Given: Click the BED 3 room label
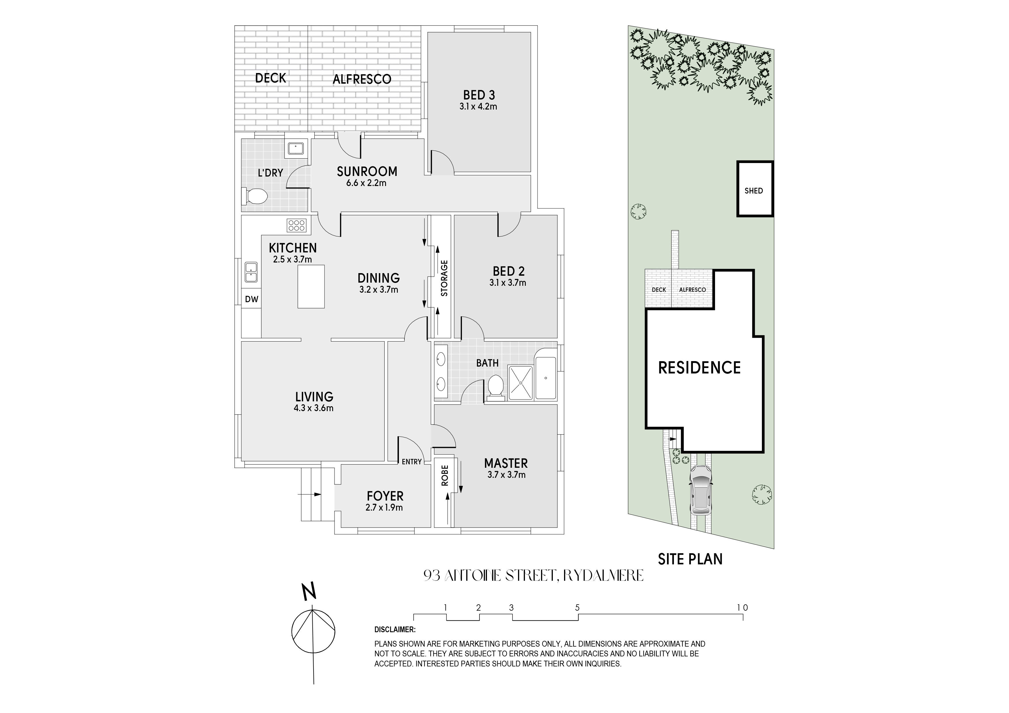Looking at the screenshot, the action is (479, 95).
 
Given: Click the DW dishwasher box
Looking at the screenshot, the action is (251, 299).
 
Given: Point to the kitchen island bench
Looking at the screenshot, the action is (311, 286).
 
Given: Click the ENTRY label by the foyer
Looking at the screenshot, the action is (412, 462).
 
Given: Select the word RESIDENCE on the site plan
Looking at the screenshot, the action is (699, 368).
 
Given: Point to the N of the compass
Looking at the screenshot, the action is (310, 592).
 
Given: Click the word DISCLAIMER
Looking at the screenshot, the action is (395, 630).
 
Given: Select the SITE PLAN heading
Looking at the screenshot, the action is (690, 559).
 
